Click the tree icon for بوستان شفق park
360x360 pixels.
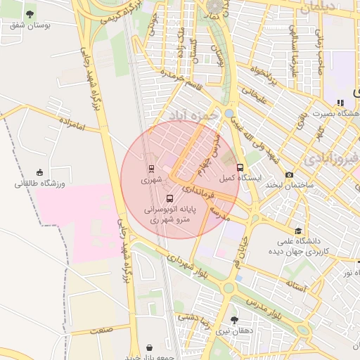point(30,14)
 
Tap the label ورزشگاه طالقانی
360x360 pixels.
point(39,184)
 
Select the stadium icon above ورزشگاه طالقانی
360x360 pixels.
point(39,172)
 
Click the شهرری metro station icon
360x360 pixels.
point(151,169)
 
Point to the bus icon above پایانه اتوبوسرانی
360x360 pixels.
point(169,198)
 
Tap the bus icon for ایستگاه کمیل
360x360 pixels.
point(240,167)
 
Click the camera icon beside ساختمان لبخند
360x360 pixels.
point(290,174)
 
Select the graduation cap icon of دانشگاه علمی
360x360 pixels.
point(298,230)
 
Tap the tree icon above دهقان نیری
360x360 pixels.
point(234,319)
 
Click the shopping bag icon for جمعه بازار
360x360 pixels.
point(150,347)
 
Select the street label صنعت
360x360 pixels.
point(101,330)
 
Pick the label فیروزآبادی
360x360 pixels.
point(345,156)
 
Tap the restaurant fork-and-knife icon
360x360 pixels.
point(340,103)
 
